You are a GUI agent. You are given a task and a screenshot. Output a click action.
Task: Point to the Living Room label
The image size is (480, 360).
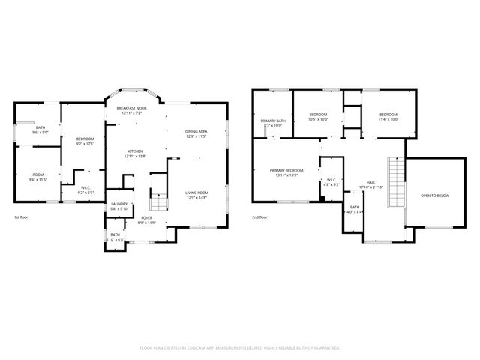(x=196, y=193)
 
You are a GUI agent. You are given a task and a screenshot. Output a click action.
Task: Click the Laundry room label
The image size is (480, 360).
(x=119, y=204)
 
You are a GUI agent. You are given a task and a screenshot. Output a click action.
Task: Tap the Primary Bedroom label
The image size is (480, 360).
(x=286, y=171)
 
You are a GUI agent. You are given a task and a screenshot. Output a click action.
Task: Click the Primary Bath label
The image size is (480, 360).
(x=272, y=121)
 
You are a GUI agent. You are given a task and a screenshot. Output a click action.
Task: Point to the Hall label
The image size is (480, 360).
(x=370, y=182)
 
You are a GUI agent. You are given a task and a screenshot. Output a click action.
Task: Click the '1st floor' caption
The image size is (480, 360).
(x=22, y=217)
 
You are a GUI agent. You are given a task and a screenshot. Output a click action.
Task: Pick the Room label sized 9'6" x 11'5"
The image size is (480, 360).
(x=37, y=175)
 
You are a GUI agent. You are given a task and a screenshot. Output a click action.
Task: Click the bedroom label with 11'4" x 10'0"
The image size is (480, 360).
(x=388, y=115)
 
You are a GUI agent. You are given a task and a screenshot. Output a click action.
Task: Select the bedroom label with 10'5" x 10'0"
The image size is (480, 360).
(x=319, y=115)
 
